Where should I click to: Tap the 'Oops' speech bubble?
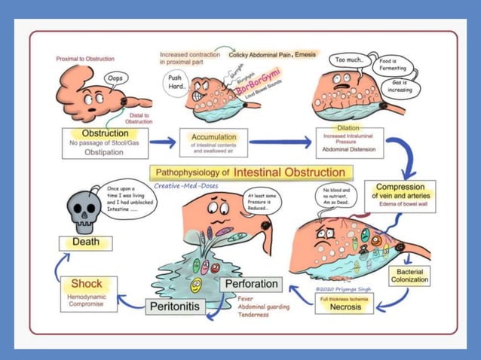[x=115, y=78]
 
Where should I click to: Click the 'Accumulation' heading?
[x=214, y=137]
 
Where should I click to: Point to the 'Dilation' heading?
[x=348, y=128]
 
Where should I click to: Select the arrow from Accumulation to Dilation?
[x=278, y=141]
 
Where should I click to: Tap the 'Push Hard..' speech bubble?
[x=176, y=81]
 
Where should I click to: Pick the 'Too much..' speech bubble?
[x=350, y=59]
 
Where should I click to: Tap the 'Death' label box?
[x=85, y=243]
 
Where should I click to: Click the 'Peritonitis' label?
[x=174, y=307]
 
